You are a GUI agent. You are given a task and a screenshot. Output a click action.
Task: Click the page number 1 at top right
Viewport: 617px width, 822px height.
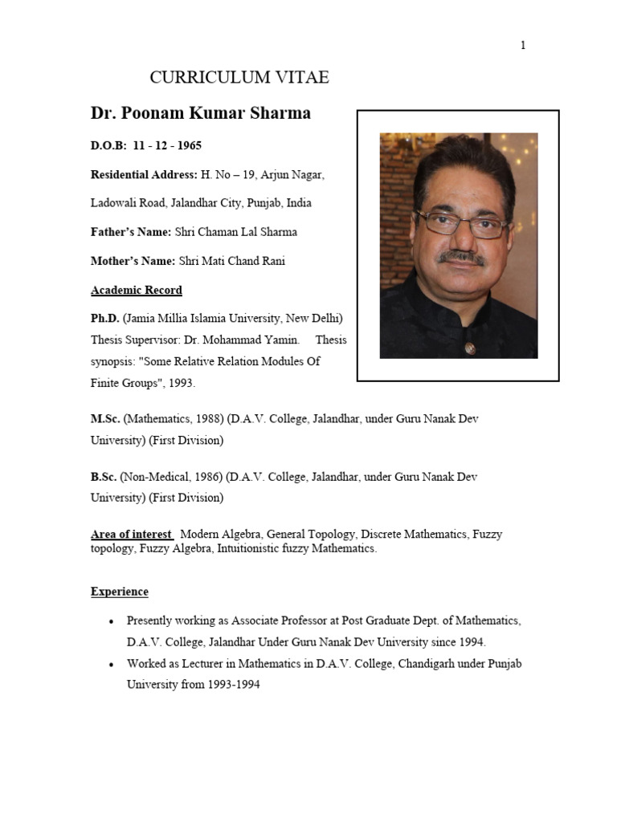(523, 46)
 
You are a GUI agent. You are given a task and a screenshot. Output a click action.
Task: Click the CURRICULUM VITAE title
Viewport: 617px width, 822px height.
(239, 78)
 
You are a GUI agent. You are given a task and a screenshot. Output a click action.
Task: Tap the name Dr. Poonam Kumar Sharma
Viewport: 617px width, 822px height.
(200, 113)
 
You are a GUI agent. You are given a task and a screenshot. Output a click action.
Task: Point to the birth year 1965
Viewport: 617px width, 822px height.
(189, 145)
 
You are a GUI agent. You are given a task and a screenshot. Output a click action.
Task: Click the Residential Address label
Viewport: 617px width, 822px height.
(144, 174)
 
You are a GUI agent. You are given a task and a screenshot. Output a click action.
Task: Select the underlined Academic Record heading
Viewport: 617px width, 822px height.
(137, 290)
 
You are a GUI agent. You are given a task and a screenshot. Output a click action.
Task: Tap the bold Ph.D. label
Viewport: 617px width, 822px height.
(104, 319)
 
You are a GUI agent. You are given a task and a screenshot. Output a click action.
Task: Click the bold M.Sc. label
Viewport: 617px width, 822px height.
(105, 419)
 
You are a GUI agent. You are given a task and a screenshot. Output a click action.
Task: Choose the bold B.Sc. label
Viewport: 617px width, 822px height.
(104, 477)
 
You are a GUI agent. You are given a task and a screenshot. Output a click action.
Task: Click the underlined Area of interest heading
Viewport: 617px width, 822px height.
(132, 534)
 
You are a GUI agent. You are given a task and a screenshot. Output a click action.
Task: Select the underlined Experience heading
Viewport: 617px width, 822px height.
(120, 592)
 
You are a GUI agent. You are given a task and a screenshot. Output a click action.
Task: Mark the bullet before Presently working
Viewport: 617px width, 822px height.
(110, 622)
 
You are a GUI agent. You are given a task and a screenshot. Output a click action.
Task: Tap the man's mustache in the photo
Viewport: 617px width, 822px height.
(461, 258)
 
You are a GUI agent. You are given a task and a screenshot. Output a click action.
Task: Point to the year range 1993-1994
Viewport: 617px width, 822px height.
(233, 686)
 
